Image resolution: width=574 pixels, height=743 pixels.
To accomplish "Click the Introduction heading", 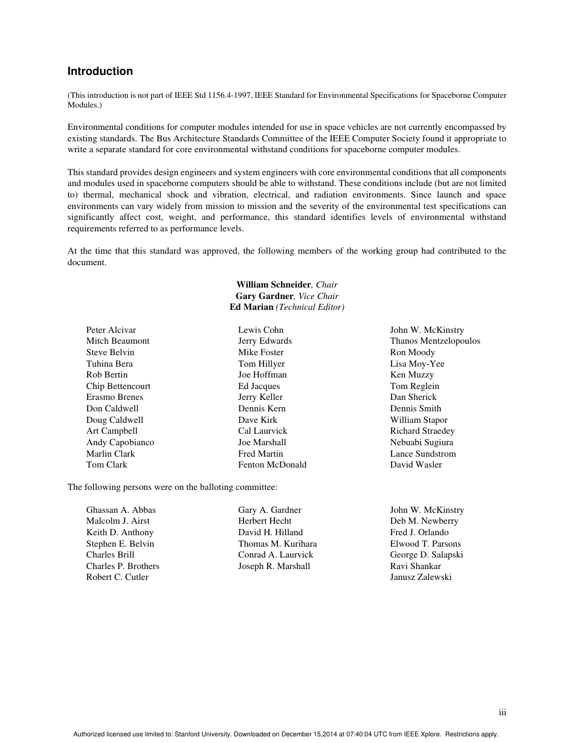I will [100, 71].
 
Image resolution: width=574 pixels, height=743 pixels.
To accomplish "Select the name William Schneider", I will [273, 285].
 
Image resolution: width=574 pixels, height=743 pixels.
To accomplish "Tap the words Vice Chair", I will [318, 296].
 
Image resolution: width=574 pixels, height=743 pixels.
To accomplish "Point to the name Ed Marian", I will [251, 307].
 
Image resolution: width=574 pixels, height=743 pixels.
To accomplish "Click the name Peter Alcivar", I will [111, 330].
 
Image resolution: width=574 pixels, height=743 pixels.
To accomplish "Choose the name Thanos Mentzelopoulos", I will [435, 341].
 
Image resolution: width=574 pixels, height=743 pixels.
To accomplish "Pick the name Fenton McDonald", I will [272, 465].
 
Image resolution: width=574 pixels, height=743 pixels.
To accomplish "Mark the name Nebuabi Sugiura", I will [421, 442].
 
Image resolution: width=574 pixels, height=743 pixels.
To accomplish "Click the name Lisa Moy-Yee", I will [417, 364].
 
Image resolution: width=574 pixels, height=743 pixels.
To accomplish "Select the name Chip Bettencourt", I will [118, 386].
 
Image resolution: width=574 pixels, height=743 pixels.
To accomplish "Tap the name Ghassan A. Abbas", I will [121, 510].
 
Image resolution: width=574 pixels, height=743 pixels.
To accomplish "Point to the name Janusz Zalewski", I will [421, 577].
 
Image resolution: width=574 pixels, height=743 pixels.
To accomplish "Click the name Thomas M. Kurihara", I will [277, 544].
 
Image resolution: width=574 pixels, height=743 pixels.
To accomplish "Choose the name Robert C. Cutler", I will [117, 577].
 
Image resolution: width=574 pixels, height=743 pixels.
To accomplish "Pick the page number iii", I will [502, 713].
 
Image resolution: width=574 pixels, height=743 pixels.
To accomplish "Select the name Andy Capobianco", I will [120, 442].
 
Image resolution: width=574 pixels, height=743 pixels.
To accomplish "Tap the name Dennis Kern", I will [262, 408].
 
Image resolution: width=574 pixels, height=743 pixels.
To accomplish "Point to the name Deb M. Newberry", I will [424, 521].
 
